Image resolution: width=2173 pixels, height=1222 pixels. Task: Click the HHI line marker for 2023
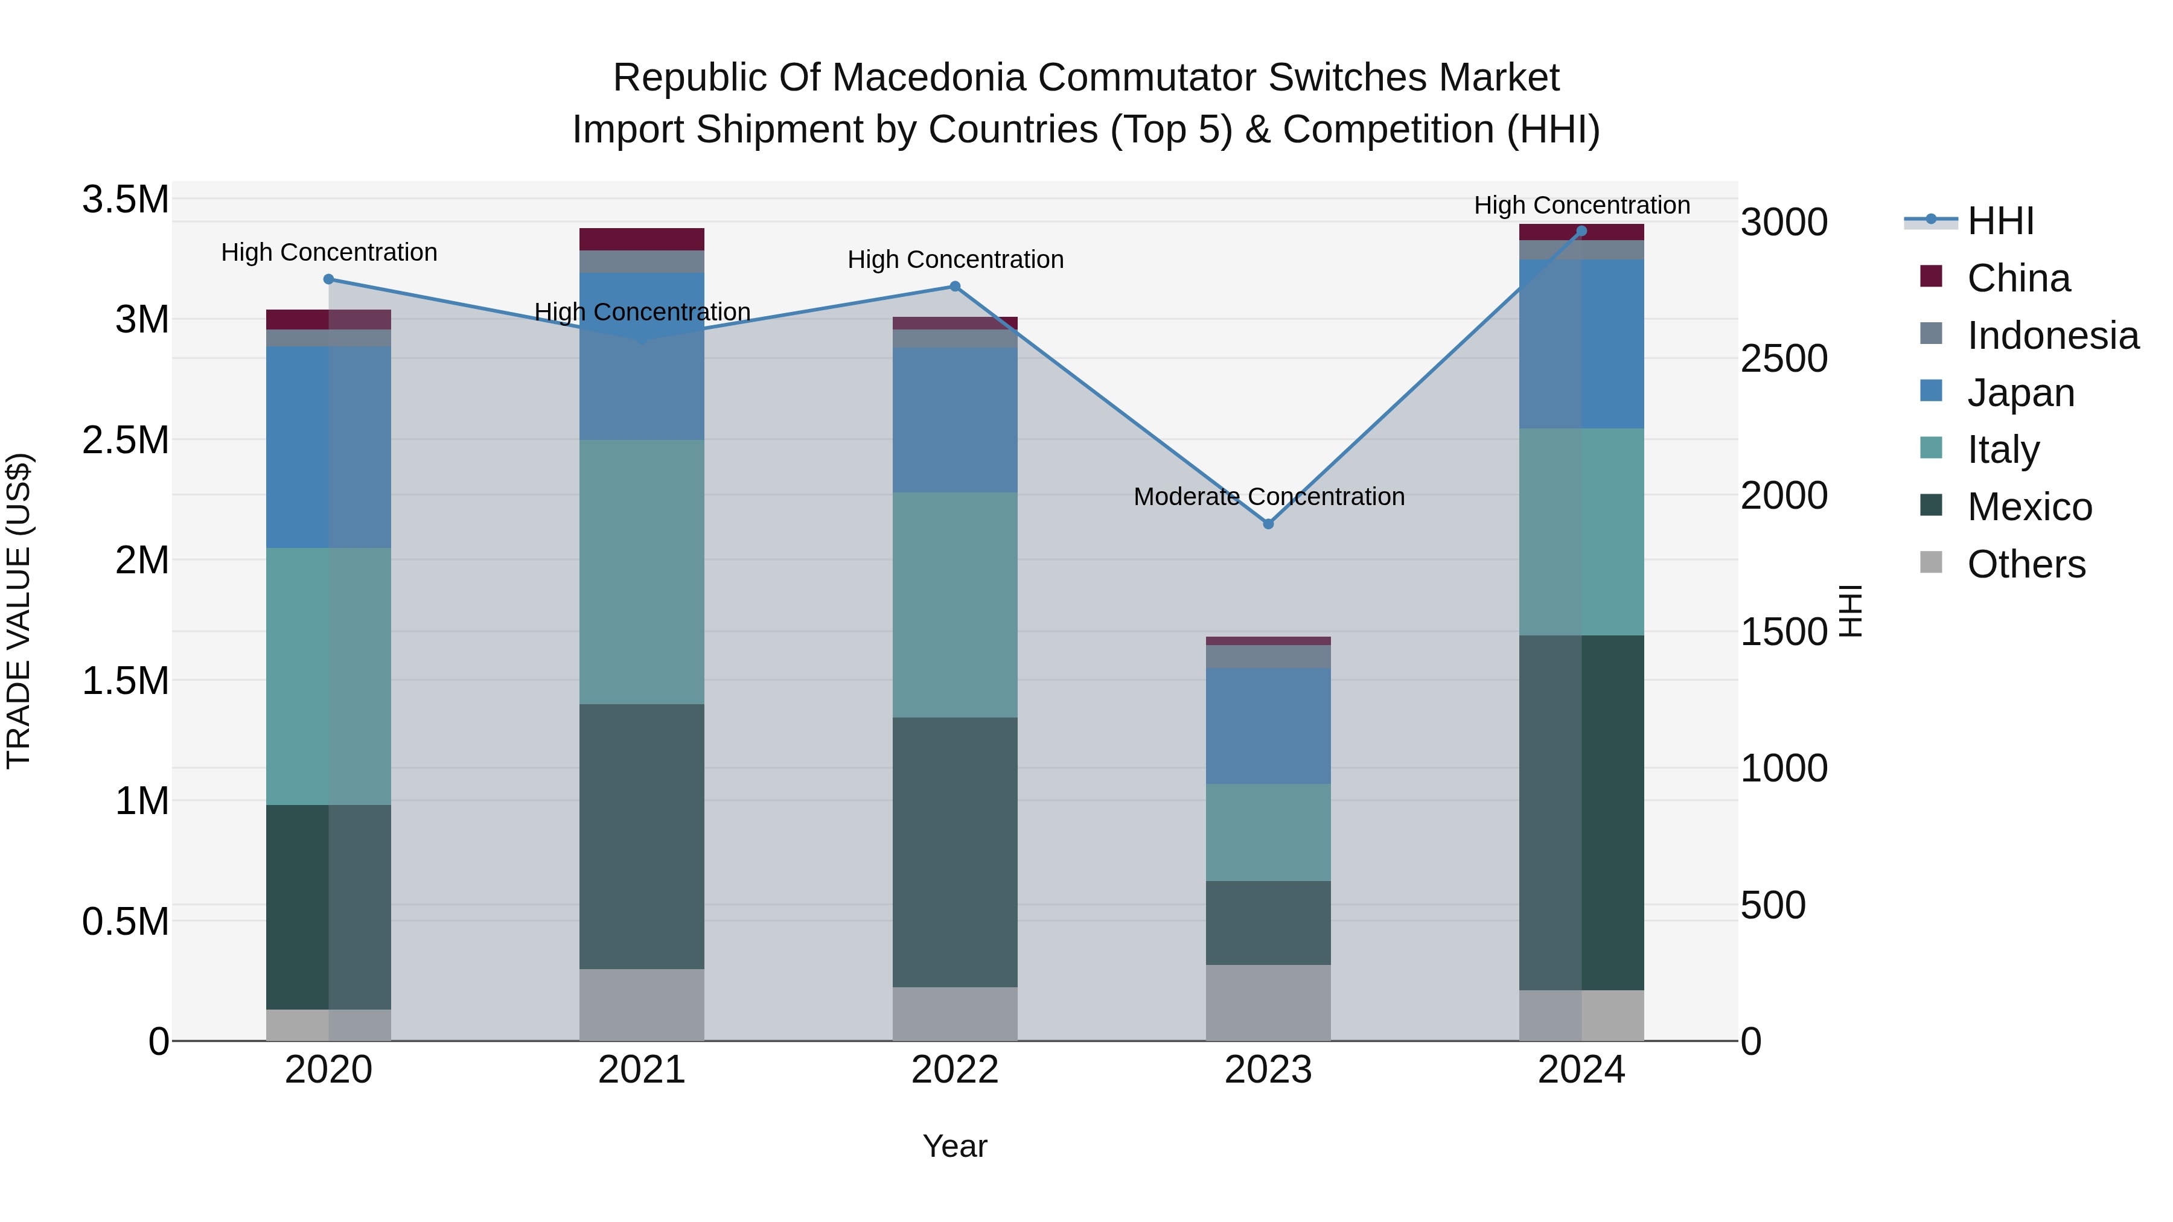point(1268,524)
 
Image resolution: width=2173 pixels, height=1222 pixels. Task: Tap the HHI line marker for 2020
point(329,279)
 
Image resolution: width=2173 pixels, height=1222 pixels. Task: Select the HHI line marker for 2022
point(955,286)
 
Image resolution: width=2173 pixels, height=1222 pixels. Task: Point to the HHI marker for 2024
point(1581,231)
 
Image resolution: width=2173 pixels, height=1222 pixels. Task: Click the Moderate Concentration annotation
point(1269,497)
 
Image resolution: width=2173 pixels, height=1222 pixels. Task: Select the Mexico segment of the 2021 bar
point(642,836)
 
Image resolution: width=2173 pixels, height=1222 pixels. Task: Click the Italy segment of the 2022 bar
point(955,605)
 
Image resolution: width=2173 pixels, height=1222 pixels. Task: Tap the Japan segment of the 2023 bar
point(1268,725)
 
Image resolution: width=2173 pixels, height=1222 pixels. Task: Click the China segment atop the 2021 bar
point(642,238)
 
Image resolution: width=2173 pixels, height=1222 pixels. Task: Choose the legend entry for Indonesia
point(2052,336)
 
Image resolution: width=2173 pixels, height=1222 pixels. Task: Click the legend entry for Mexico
point(2029,507)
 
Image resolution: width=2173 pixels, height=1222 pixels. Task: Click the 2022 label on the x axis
point(955,1070)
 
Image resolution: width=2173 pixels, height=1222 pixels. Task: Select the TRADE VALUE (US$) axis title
point(19,611)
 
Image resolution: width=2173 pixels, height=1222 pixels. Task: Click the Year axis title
point(955,1146)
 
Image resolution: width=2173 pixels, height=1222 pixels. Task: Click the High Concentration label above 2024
point(1581,205)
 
